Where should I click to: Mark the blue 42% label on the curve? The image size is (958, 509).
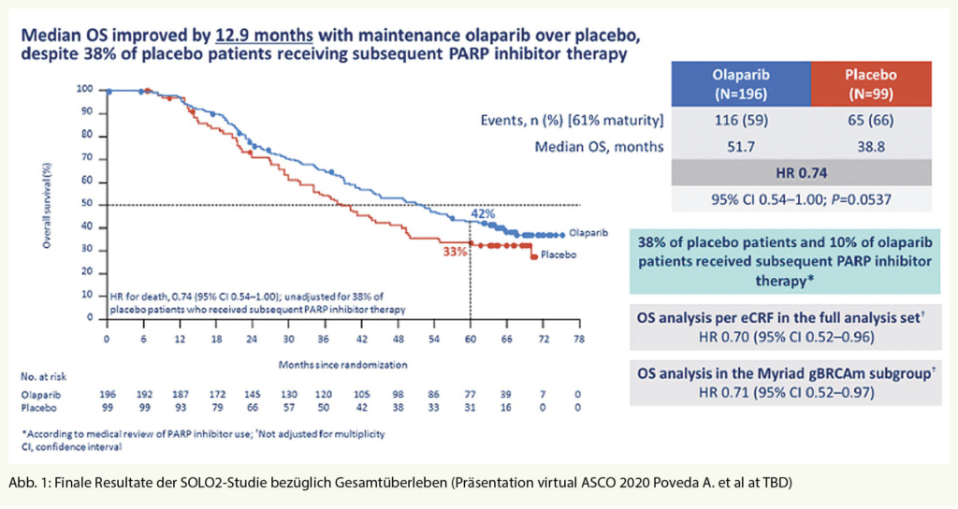pyautogui.click(x=483, y=213)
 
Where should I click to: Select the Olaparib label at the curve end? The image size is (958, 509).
pyautogui.click(x=588, y=235)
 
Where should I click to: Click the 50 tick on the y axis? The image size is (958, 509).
pyautogui.click(x=90, y=204)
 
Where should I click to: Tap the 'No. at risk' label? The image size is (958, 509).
pyautogui.click(x=43, y=378)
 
